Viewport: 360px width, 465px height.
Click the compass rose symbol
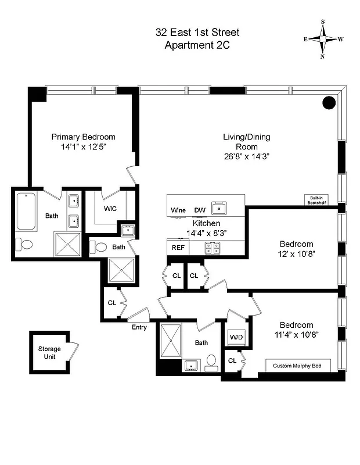323,39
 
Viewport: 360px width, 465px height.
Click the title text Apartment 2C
197,46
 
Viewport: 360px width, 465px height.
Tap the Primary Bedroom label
83,137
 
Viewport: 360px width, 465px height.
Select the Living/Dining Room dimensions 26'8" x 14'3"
246,156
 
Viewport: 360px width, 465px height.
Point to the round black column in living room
329,103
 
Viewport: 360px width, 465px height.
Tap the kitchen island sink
220,207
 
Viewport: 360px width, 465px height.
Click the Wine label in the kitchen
178,210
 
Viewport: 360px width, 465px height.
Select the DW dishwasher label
199,210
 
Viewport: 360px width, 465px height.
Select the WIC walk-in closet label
111,208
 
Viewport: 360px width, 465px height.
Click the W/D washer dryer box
236,337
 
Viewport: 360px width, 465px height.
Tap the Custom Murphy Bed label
298,366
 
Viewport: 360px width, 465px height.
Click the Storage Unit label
49,352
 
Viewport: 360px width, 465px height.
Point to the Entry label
139,327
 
